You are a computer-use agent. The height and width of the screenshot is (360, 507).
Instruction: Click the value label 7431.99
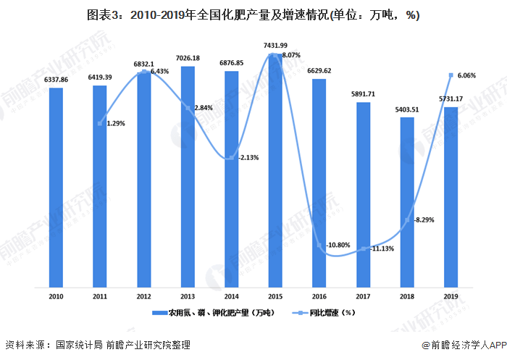pyautogui.click(x=275, y=46)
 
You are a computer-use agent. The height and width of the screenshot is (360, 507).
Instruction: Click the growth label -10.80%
pyautogui.click(x=338, y=246)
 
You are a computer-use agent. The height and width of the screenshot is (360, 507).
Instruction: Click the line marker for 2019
pyautogui.click(x=451, y=75)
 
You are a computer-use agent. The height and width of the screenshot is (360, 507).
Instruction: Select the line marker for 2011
pyautogui.click(x=99, y=123)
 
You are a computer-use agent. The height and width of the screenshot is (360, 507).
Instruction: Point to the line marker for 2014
pyautogui.click(x=231, y=157)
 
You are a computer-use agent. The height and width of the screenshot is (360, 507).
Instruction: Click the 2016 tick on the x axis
pyautogui.click(x=319, y=296)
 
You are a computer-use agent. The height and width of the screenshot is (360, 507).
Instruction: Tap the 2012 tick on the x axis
pyautogui.click(x=143, y=296)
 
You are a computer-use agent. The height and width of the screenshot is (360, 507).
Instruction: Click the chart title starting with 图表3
pyautogui.click(x=253, y=14)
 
